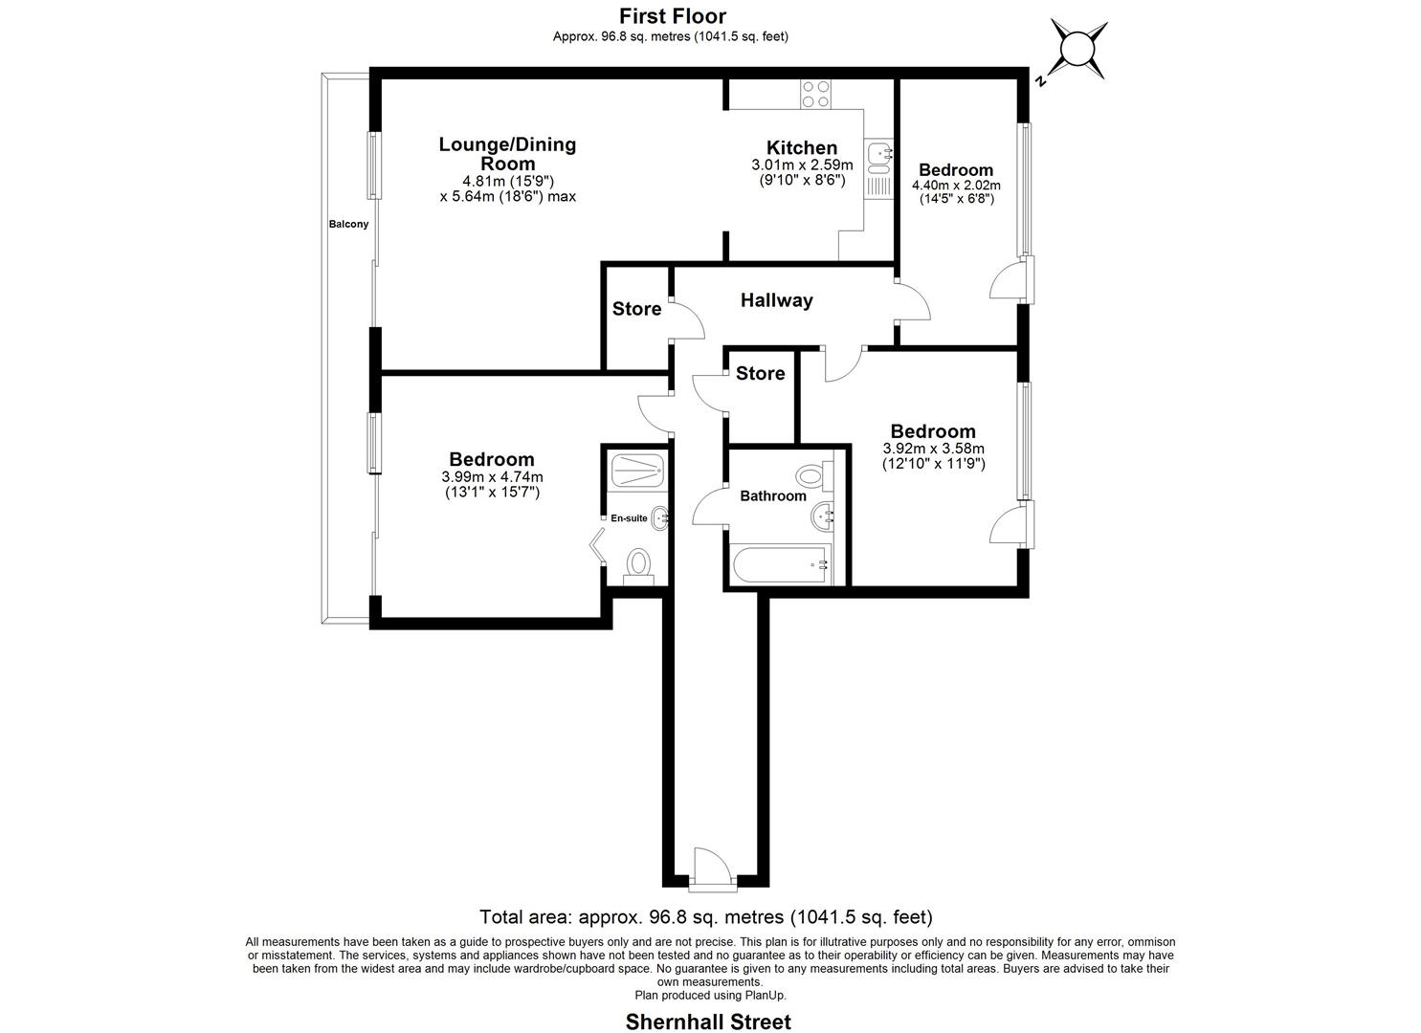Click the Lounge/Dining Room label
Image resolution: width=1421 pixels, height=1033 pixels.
[507, 153]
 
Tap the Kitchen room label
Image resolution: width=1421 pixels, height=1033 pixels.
[802, 147]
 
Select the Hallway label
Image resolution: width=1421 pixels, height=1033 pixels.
[776, 300]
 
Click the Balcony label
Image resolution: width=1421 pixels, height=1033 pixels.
[348, 225]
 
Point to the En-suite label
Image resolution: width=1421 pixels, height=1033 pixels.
[629, 518]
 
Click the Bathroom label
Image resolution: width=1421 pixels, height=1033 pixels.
[772, 495]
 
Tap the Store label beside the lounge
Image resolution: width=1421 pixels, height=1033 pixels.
[636, 309]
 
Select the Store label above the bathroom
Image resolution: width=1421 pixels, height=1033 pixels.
[760, 373]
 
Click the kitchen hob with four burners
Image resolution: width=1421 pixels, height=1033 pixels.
[816, 94]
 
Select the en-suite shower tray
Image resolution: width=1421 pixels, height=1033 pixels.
[634, 468]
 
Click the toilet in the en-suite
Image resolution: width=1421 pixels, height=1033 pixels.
[637, 563]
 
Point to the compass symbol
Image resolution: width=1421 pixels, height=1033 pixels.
[1077, 49]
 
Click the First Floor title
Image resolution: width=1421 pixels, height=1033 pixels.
[672, 16]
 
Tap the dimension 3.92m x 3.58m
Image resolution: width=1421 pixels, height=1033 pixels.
[933, 448]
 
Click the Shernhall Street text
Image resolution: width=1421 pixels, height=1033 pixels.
[708, 1022]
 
